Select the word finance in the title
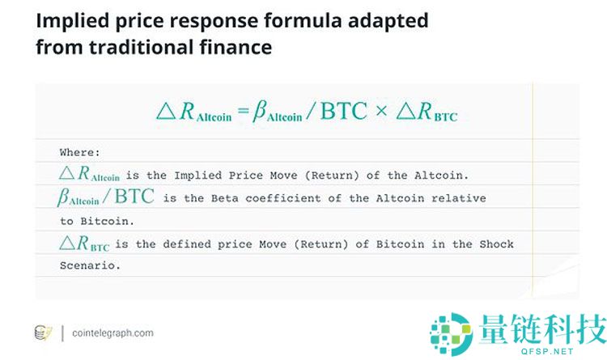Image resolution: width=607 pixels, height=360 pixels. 235,48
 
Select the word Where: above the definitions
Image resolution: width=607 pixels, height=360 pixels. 81,151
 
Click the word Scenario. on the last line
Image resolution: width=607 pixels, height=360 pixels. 90,265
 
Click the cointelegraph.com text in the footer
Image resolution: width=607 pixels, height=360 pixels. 112,332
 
